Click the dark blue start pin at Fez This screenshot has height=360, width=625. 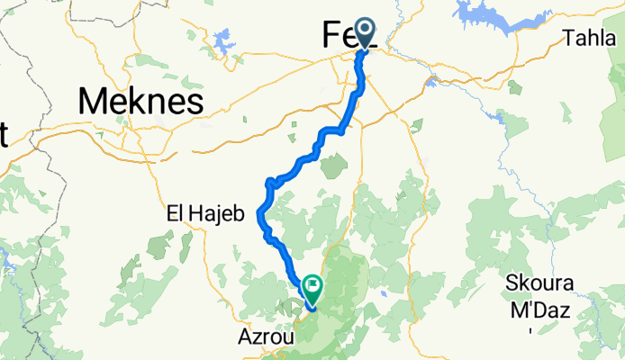pos(366,31)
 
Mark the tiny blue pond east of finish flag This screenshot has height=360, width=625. pos(384,293)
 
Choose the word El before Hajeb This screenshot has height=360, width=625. pos(175,214)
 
